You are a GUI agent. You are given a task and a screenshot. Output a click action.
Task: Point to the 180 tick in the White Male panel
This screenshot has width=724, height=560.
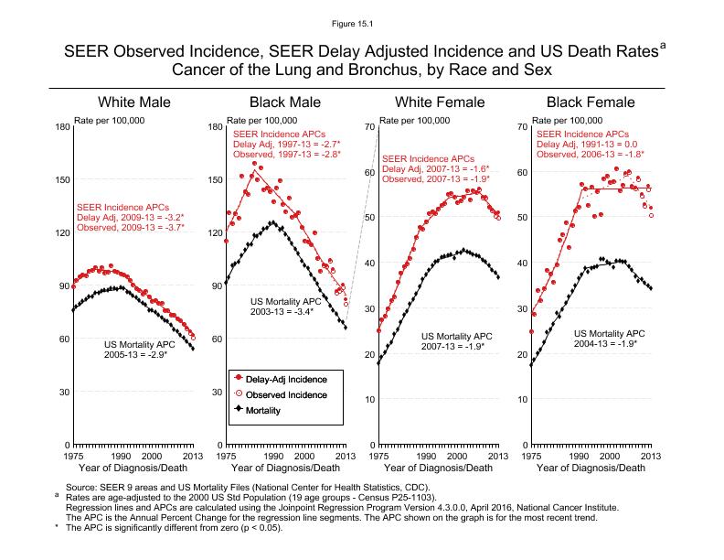(x=60, y=126)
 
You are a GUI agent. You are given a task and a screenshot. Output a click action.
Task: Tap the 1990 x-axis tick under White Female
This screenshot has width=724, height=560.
(x=425, y=455)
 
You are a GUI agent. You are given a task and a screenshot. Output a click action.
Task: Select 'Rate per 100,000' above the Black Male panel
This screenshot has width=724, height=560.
(x=261, y=120)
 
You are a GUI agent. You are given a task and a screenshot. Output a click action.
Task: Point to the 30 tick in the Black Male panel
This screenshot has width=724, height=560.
(x=216, y=393)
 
